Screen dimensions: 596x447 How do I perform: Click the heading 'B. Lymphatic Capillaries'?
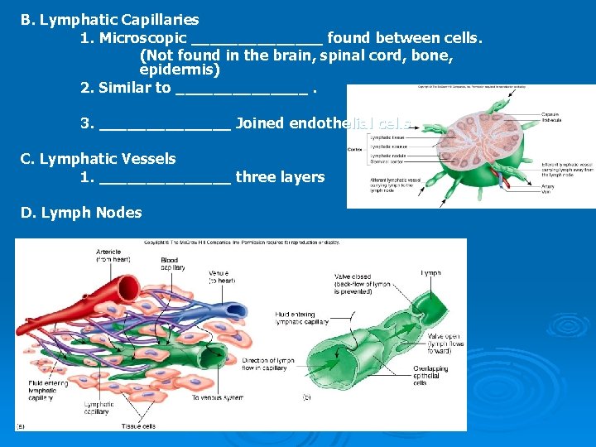click(110, 19)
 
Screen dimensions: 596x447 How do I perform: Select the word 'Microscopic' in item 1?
click(142, 39)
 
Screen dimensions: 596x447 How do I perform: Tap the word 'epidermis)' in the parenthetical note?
click(180, 70)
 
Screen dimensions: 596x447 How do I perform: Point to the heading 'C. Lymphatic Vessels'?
click(99, 158)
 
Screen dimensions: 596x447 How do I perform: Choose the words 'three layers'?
click(280, 177)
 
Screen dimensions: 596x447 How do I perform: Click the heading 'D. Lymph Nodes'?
click(81, 213)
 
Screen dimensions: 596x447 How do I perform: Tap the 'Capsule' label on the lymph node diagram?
click(550, 114)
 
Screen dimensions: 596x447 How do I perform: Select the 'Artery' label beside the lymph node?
click(548, 186)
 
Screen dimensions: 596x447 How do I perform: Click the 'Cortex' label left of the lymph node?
click(355, 150)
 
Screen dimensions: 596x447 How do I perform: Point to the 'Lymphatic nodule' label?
click(388, 156)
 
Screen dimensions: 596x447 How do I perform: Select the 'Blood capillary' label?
click(171, 264)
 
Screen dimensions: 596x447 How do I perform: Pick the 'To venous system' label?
click(218, 398)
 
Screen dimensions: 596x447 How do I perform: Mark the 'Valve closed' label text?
click(353, 277)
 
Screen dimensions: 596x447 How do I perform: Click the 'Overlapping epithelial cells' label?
click(430, 375)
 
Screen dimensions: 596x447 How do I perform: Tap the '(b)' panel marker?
click(306, 398)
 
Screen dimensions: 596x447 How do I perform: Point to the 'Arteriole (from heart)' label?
click(109, 255)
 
